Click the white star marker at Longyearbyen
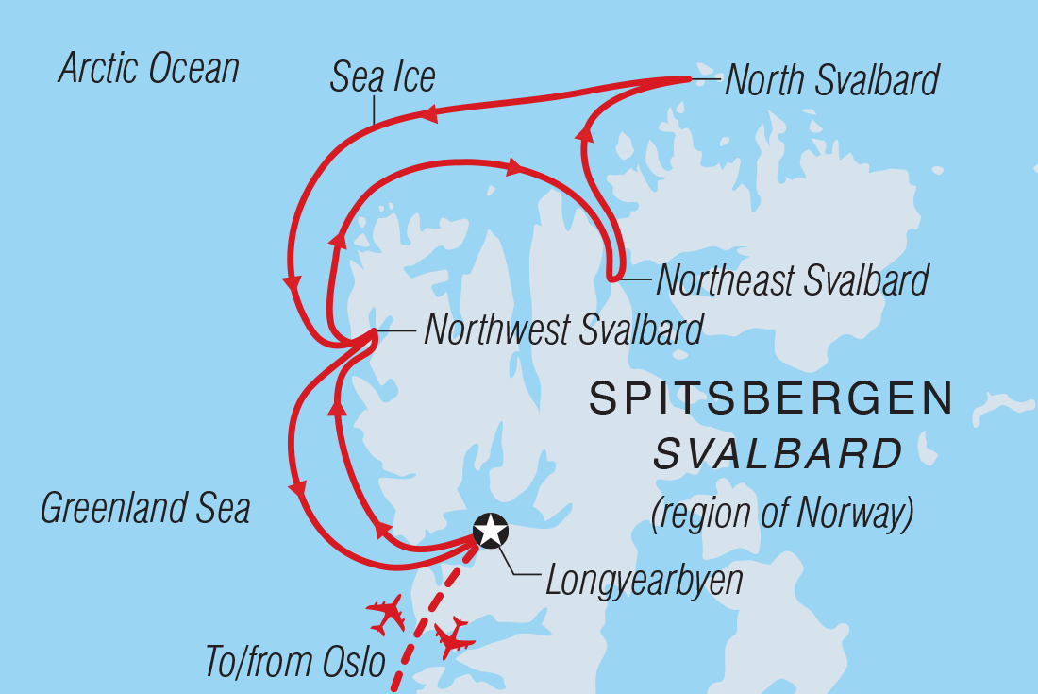click(x=491, y=531)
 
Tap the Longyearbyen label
click(x=644, y=581)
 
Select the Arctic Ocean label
click(x=149, y=69)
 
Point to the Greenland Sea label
click(x=145, y=509)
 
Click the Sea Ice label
click(x=382, y=78)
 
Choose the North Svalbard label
click(x=831, y=81)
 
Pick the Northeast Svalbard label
click(x=792, y=280)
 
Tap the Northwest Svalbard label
click(x=563, y=330)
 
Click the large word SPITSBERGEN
click(x=771, y=399)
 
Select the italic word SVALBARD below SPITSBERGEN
click(x=778, y=456)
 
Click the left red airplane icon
click(x=387, y=615)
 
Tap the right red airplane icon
click(x=454, y=637)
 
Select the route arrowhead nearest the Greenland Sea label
click(x=299, y=490)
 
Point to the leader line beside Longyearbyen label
click(x=522, y=564)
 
